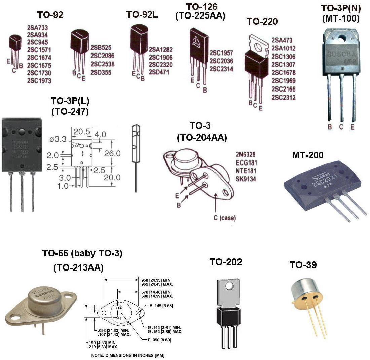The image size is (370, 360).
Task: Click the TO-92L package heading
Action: click(x=142, y=15)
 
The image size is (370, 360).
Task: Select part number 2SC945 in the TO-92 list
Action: click(x=37, y=42)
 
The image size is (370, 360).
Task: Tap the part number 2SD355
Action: click(x=101, y=73)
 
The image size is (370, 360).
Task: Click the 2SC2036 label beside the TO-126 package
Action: click(x=221, y=61)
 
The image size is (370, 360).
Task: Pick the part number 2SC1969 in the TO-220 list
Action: click(x=284, y=81)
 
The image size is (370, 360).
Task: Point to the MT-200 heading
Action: click(x=307, y=155)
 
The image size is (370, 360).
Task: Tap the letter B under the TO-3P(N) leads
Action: click(x=330, y=127)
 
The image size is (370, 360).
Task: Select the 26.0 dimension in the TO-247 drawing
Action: click(x=112, y=153)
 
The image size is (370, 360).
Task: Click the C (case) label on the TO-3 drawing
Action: click(x=224, y=218)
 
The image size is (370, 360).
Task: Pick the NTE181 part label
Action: click(x=246, y=171)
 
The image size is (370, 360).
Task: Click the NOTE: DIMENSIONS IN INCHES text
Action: click(x=128, y=355)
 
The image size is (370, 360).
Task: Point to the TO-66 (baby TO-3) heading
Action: click(x=82, y=253)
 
